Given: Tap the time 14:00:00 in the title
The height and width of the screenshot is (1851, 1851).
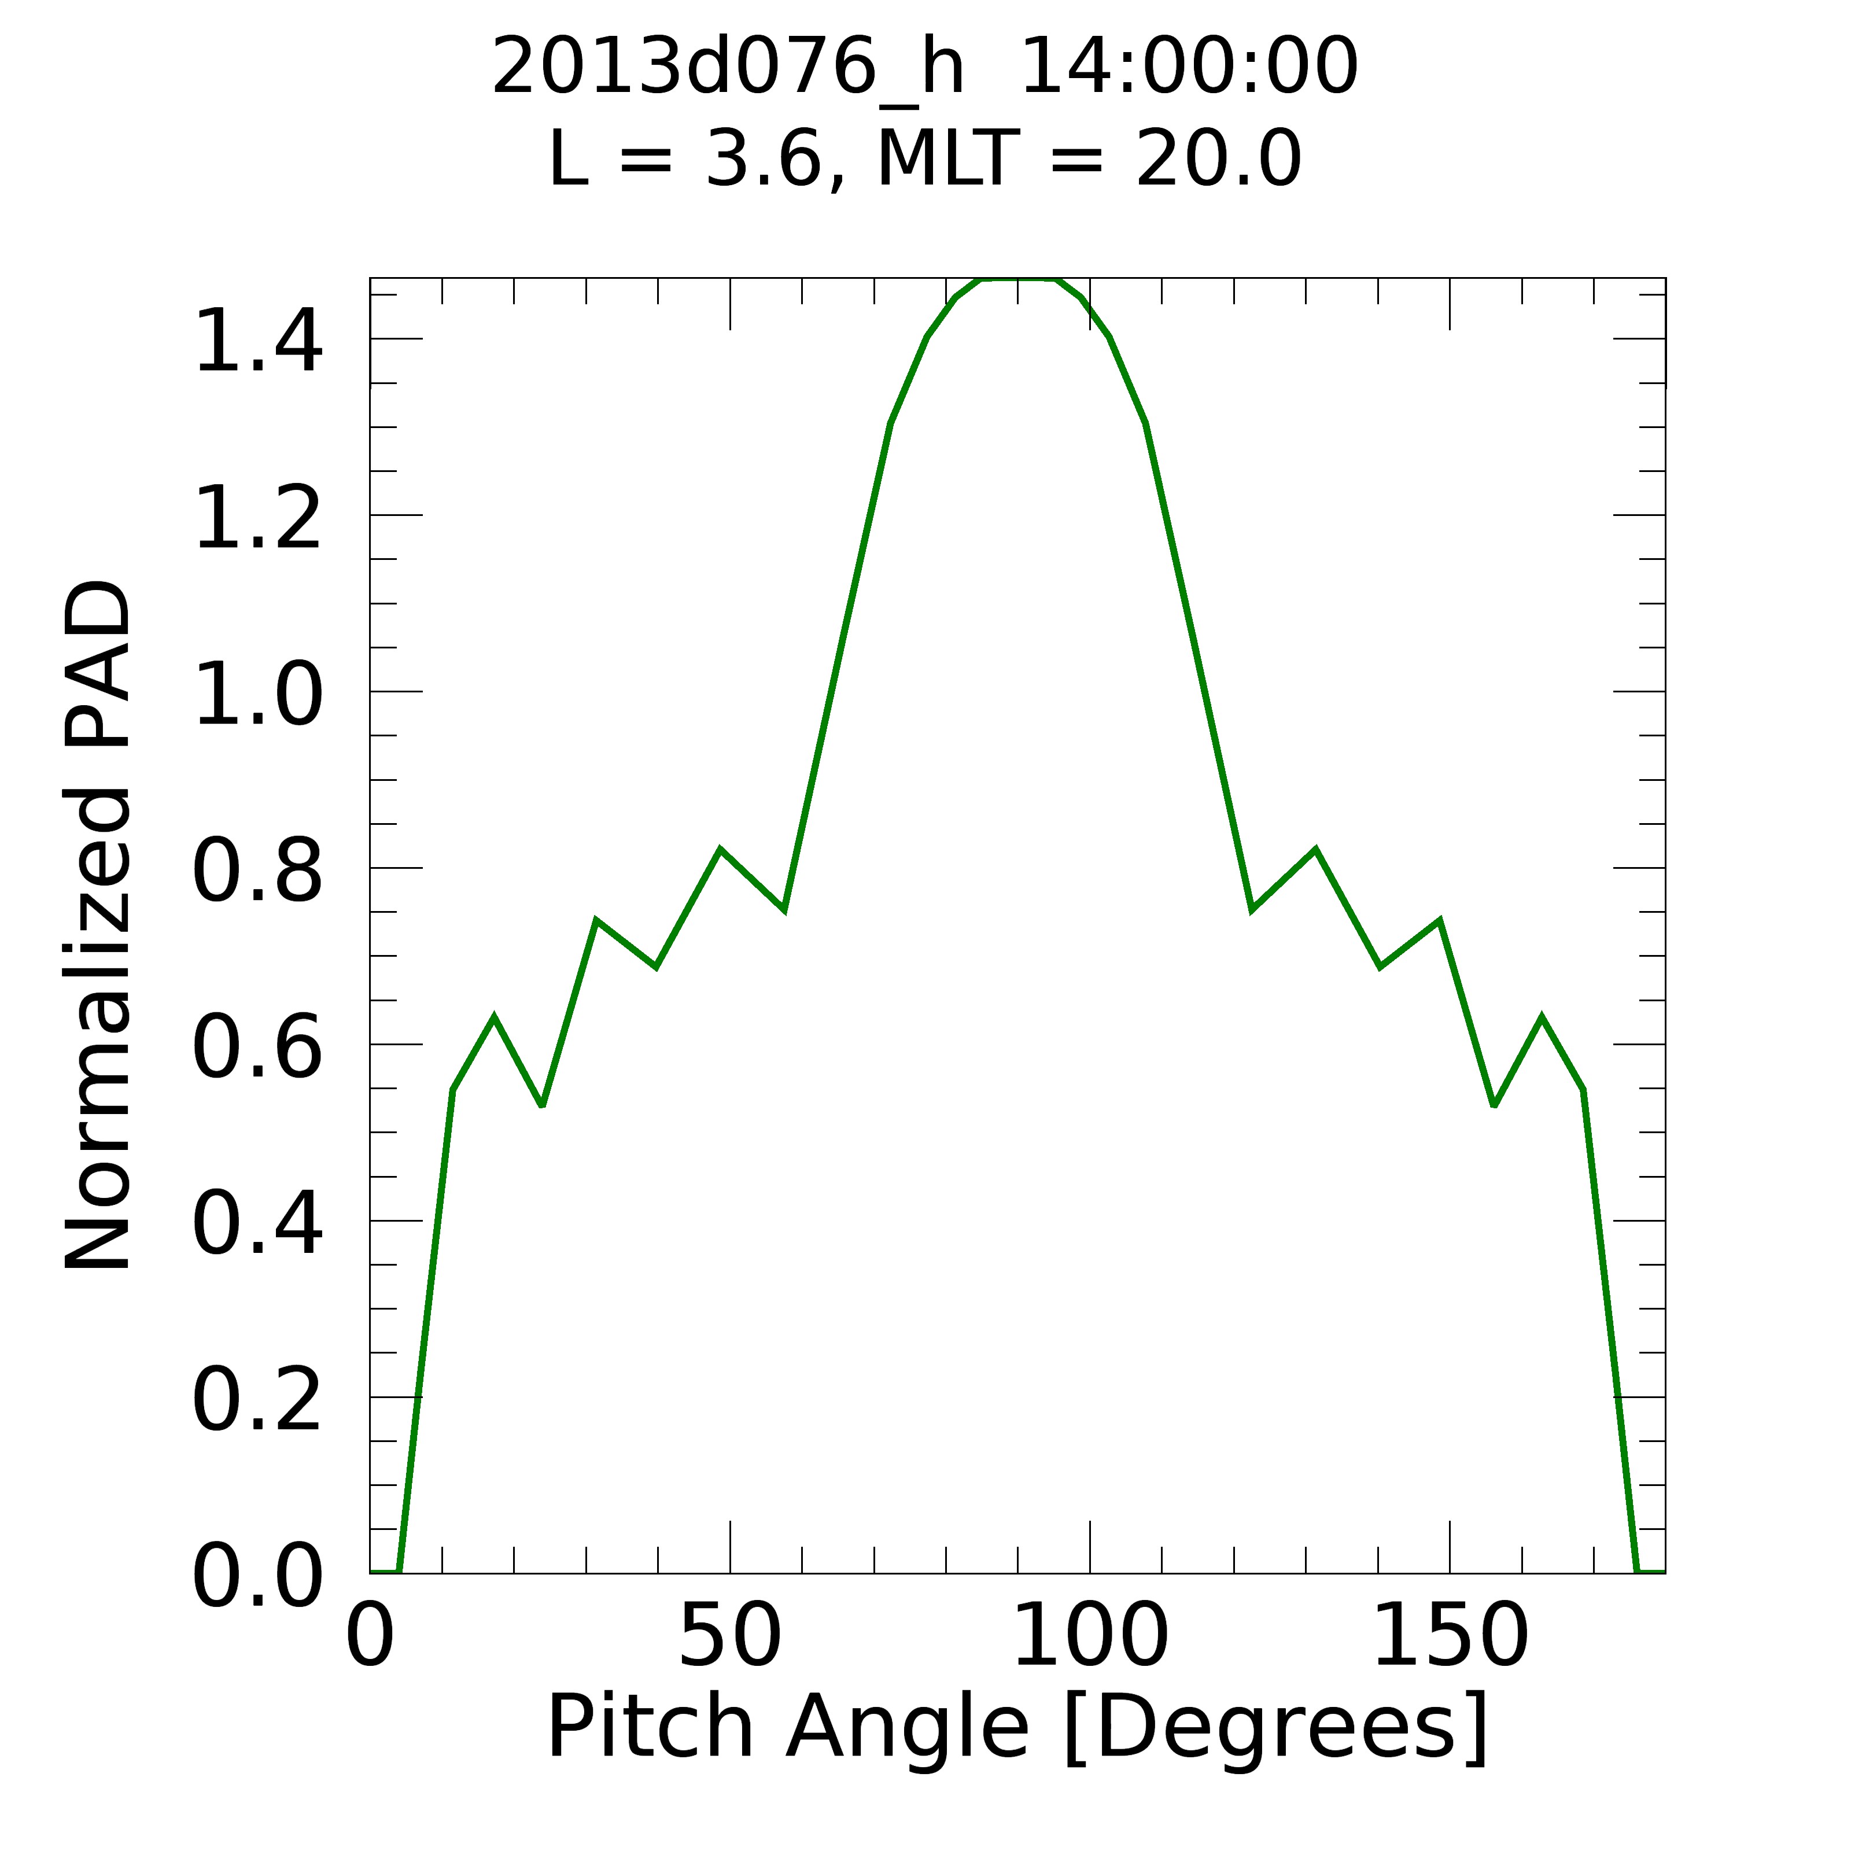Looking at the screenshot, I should [1188, 67].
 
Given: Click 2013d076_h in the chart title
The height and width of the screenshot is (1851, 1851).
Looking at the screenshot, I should [727, 67].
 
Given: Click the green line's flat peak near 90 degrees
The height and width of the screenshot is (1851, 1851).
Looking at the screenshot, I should [1017, 280].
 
